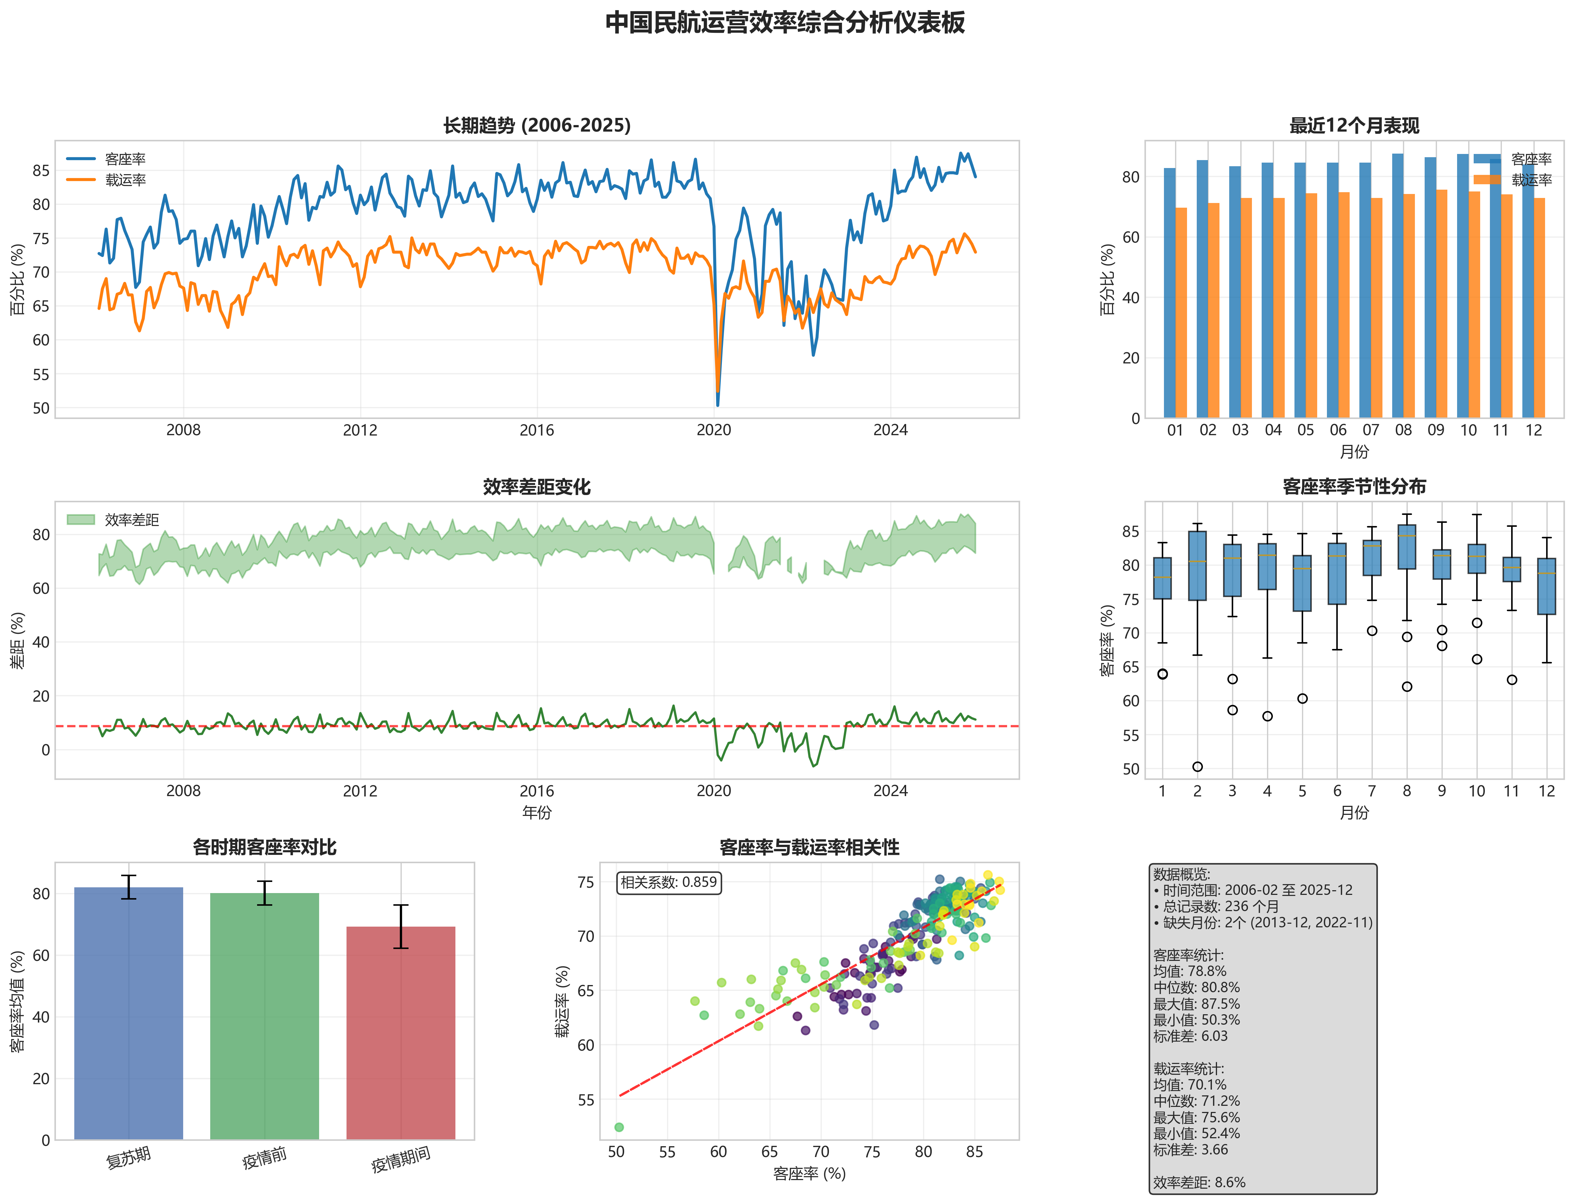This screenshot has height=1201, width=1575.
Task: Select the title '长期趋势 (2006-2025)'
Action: [536, 126]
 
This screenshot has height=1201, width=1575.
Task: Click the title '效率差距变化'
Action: [536, 487]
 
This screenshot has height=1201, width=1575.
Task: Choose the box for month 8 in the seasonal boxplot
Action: [1406, 547]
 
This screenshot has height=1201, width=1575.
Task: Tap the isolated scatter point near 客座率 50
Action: [619, 1127]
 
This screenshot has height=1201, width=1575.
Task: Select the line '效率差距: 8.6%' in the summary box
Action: [1199, 1182]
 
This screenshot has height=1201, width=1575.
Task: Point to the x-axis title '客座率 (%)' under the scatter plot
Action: [809, 1173]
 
